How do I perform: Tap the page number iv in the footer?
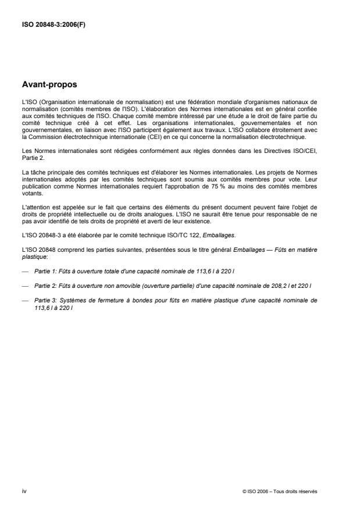coord(24,491)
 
